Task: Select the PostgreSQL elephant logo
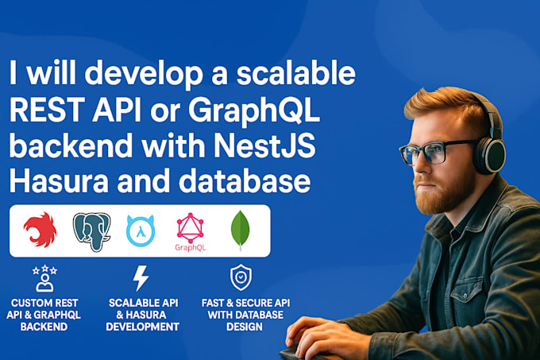91,231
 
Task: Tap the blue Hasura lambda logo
141,230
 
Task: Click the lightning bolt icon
141,278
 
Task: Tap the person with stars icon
44,277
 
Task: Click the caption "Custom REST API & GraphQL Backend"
44,315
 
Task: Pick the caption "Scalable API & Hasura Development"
143,315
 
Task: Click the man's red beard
441,191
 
